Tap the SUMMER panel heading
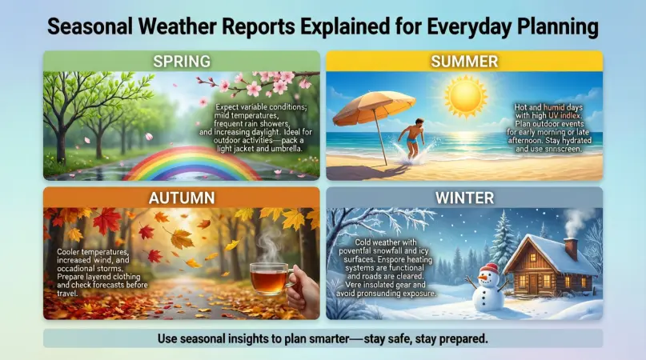(x=465, y=61)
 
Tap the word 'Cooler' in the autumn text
(x=72, y=251)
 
